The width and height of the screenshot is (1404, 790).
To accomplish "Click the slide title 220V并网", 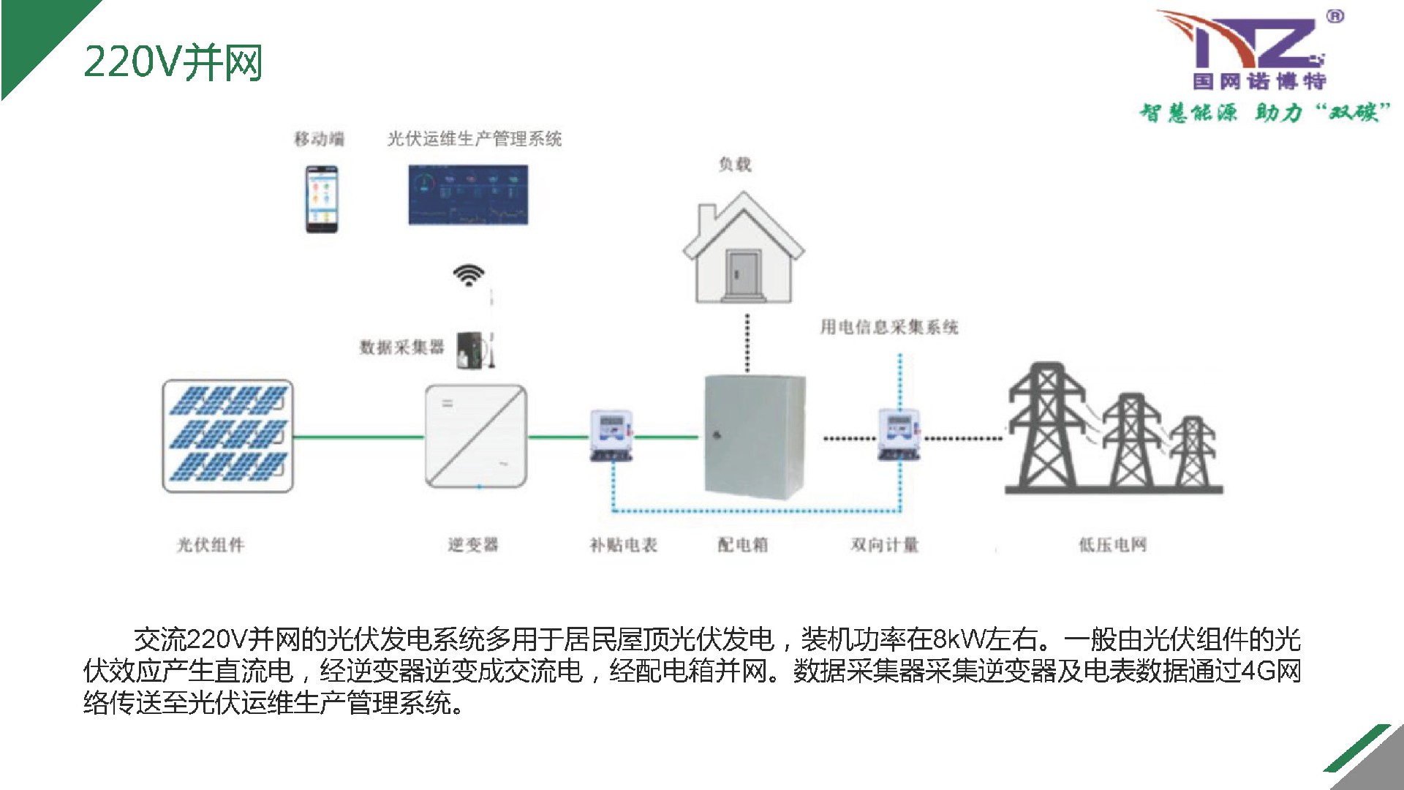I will (173, 62).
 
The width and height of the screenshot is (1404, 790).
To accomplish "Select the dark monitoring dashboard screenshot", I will (468, 195).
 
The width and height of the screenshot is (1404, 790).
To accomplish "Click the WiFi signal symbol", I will (468, 276).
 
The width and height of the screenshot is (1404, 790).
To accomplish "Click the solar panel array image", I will (227, 436).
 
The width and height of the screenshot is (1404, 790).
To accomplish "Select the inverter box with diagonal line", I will (475, 437).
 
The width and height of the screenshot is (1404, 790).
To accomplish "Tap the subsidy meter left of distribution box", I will (611, 434).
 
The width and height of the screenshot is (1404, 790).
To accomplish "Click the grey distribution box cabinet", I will (754, 437).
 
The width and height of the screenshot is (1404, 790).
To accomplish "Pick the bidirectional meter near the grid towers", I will (899, 434).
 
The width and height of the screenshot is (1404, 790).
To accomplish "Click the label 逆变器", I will (473, 545).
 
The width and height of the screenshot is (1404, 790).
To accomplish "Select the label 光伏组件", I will (211, 545).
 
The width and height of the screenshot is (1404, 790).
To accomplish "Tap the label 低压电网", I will (1112, 545).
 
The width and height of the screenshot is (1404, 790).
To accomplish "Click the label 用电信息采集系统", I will (888, 327).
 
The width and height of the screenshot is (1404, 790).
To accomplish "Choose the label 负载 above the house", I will (735, 165).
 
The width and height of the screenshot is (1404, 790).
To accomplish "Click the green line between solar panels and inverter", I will (358, 437).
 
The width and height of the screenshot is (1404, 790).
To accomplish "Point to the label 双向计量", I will (885, 545).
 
